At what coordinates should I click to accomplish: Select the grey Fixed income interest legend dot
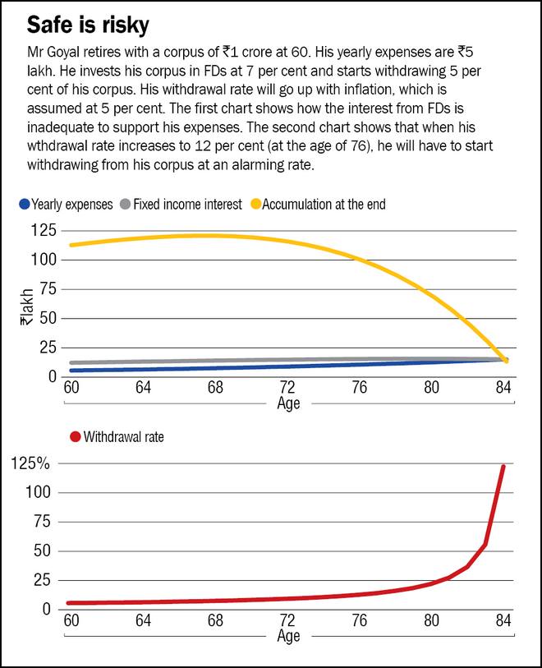click(124, 205)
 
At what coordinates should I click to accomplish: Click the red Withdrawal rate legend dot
click(75, 437)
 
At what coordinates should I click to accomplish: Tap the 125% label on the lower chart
click(32, 463)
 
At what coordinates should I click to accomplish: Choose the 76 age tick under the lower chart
click(361, 620)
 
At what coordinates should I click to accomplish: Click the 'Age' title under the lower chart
click(288, 637)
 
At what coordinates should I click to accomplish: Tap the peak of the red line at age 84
click(503, 466)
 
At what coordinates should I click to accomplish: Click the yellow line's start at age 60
click(71, 245)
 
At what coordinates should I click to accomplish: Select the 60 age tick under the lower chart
click(71, 620)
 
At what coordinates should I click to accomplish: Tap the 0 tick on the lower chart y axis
click(48, 609)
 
